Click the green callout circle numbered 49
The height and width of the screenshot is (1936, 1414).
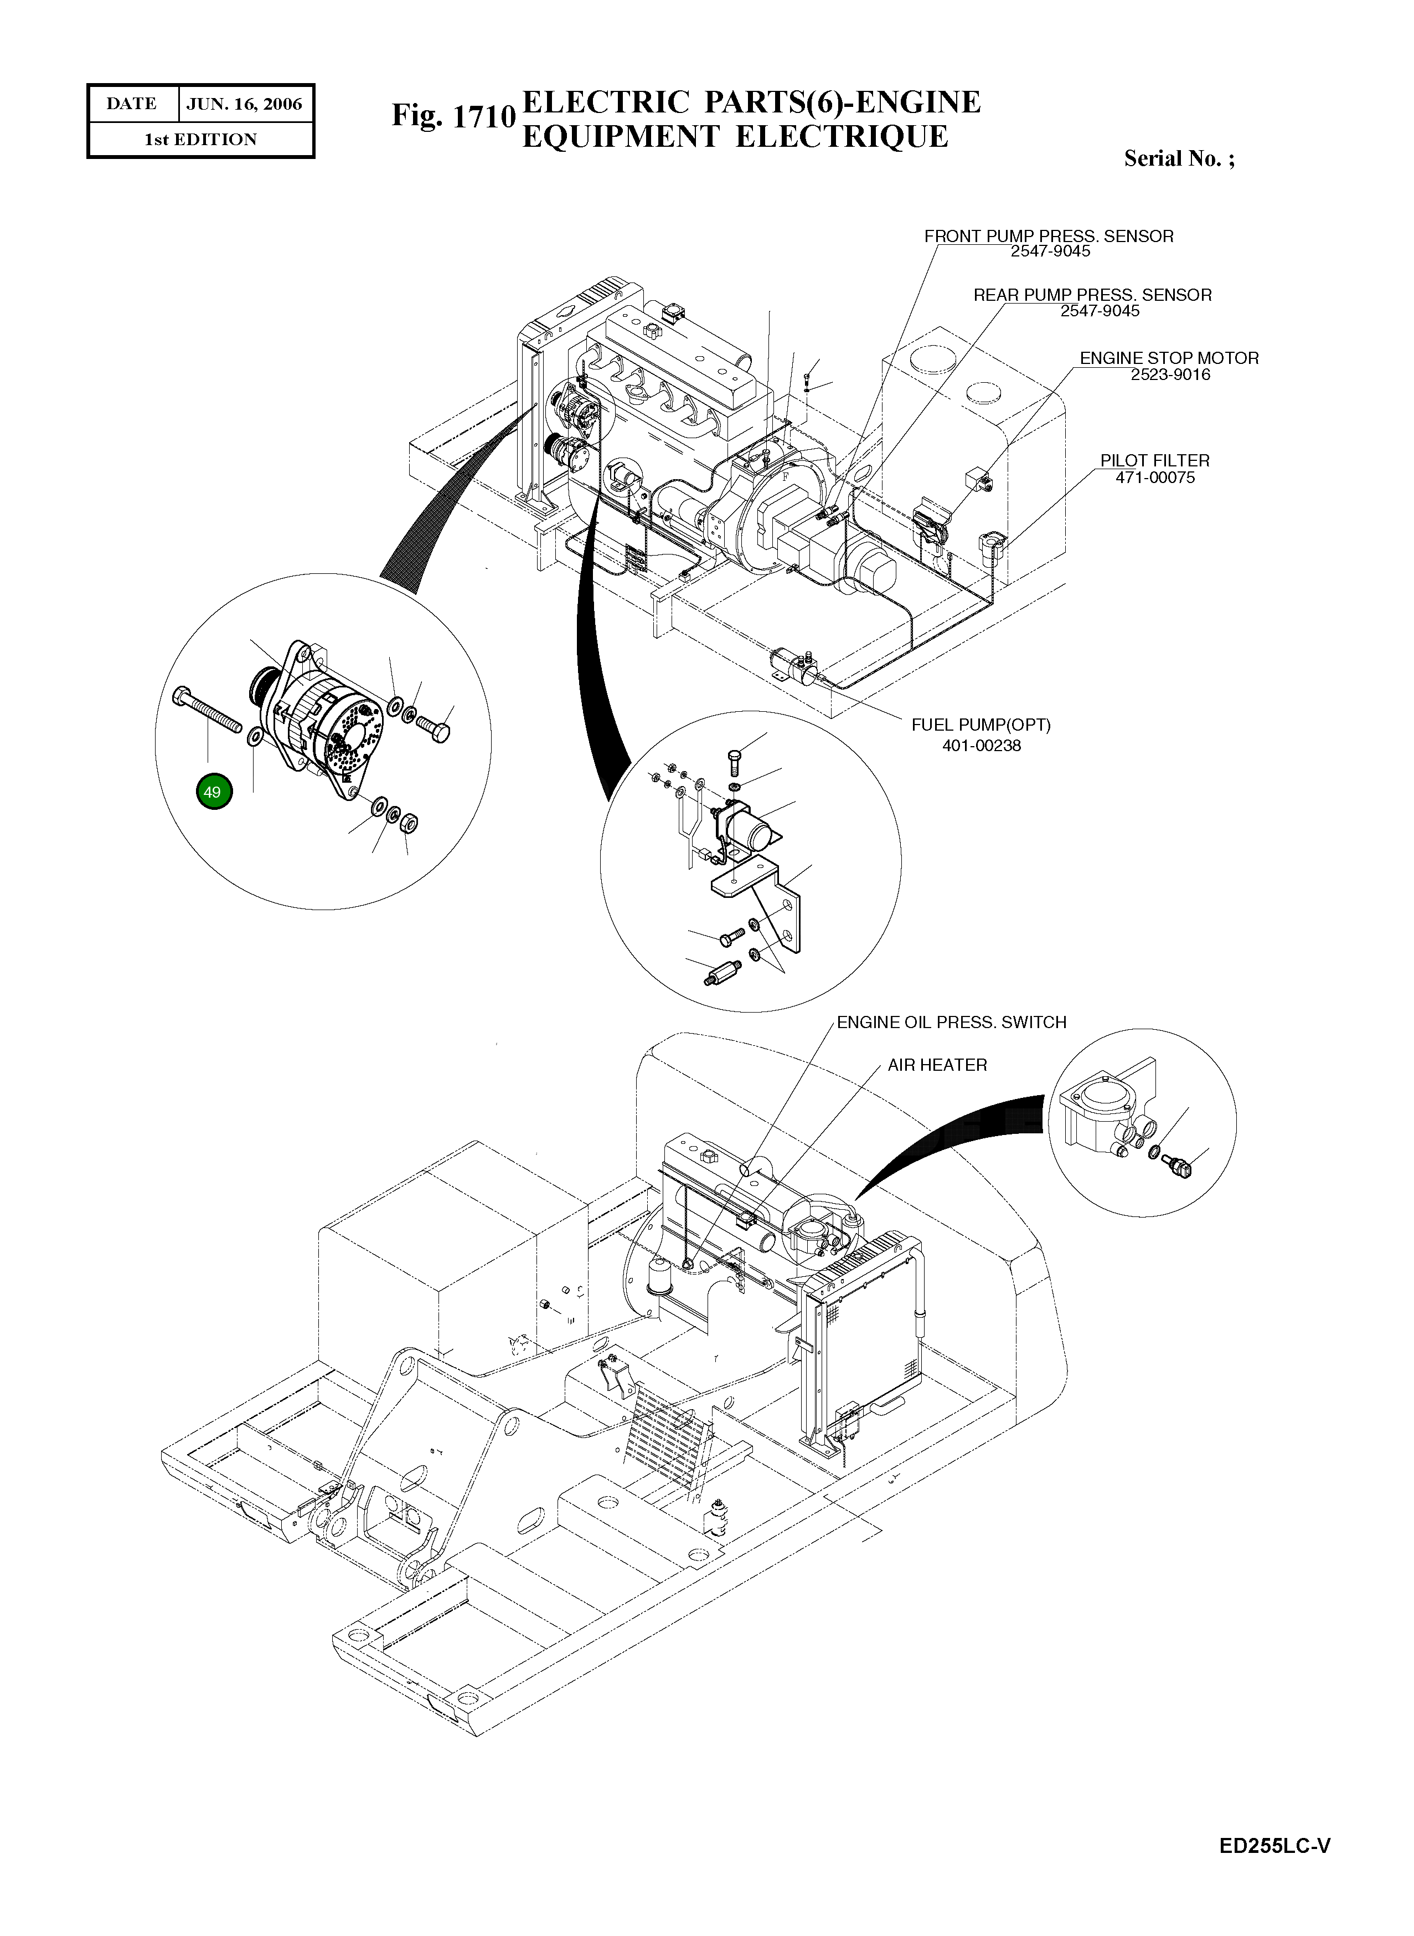click(x=212, y=792)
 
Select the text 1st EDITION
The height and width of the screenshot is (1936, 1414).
click(x=200, y=140)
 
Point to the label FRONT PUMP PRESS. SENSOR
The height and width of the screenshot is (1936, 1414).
click(x=1049, y=237)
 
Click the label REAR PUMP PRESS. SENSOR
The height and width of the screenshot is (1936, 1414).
click(x=1092, y=295)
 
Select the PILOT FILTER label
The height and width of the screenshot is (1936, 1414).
click(x=1155, y=461)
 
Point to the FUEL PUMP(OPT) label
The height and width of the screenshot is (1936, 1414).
click(x=981, y=725)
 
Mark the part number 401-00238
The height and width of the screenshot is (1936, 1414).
click(x=981, y=746)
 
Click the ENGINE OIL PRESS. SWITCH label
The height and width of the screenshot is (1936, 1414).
click(x=951, y=1023)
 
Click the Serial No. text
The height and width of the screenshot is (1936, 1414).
click(x=1179, y=158)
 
